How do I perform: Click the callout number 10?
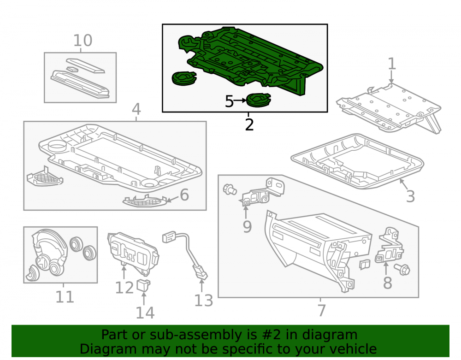(83, 40)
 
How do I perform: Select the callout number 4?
(136, 109)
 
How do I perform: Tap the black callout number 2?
(249, 125)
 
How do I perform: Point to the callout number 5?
(229, 101)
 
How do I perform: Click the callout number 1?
(391, 64)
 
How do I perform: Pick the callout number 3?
(410, 196)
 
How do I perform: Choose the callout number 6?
(184, 195)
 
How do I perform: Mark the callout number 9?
(247, 227)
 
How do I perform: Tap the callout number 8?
(388, 283)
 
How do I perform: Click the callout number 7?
(322, 310)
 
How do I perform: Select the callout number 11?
(65, 297)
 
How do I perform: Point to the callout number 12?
(124, 288)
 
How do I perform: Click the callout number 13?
(203, 301)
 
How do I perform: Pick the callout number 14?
(145, 313)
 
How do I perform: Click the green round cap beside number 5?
(259, 100)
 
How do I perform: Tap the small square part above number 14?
(143, 285)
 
